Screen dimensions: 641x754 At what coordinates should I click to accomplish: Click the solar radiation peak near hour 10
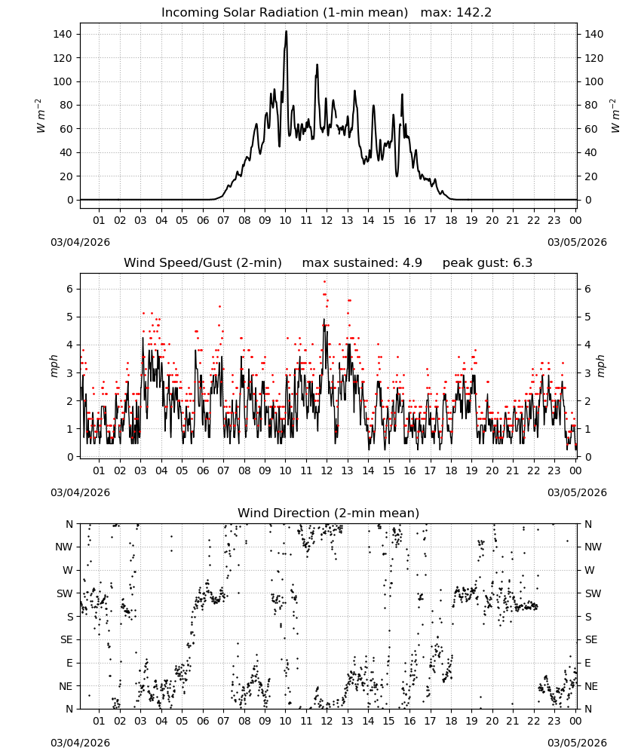click(286, 31)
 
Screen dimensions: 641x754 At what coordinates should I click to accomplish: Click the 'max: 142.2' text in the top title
click(456, 13)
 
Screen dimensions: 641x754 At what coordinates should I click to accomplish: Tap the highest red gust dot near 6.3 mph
click(324, 281)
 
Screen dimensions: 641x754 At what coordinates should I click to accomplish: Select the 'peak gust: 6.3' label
click(487, 263)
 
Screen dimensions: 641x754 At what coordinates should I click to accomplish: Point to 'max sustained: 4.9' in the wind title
click(362, 263)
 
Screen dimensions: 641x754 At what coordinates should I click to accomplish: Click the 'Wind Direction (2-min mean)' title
click(329, 513)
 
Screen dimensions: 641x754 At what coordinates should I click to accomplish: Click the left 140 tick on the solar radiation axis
click(63, 34)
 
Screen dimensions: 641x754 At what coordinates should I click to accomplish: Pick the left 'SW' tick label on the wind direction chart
click(65, 593)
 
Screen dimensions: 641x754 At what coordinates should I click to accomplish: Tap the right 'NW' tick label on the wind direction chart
click(593, 547)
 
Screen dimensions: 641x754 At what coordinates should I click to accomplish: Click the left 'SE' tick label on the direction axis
click(66, 639)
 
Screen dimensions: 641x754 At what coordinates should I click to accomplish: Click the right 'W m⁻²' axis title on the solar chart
click(615, 116)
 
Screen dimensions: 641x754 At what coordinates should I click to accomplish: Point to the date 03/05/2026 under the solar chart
click(577, 242)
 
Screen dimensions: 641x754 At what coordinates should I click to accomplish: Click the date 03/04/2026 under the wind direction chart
click(80, 743)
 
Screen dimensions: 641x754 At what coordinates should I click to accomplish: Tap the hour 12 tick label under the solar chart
click(327, 220)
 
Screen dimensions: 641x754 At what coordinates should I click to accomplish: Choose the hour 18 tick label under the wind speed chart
click(451, 470)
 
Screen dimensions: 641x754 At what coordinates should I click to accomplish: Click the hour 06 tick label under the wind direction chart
click(203, 721)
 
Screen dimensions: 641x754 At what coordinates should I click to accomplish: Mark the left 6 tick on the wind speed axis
click(69, 289)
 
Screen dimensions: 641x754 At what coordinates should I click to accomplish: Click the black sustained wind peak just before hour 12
click(324, 319)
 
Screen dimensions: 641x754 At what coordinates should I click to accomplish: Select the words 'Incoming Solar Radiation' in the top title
click(240, 13)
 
